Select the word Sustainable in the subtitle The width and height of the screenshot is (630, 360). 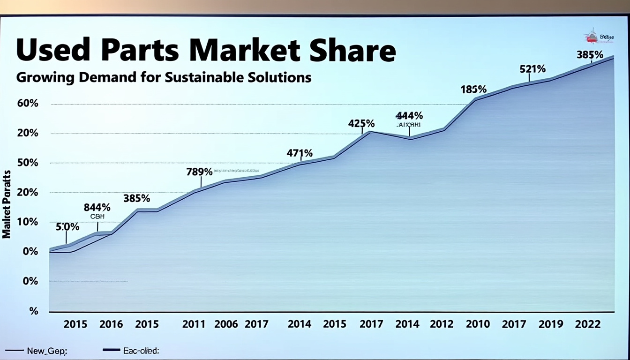coord(203,77)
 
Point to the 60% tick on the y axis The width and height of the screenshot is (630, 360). coord(28,104)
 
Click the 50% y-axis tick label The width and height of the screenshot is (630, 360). coord(28,163)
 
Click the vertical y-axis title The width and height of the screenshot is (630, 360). coord(7,204)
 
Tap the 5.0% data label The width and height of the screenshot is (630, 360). coord(67,227)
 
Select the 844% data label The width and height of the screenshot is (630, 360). coord(97,207)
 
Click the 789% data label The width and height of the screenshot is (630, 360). coord(199,172)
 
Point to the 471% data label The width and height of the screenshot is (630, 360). coord(300,153)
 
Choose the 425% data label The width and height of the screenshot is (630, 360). coord(361,124)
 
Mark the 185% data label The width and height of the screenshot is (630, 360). coord(473,89)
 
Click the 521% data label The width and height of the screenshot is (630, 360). coord(532,69)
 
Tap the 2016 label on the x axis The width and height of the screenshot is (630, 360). coord(111,324)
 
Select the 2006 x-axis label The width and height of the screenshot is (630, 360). coord(226,324)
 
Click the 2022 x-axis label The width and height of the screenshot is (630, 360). coord(588,324)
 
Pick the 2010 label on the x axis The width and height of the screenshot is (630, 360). coord(478,324)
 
